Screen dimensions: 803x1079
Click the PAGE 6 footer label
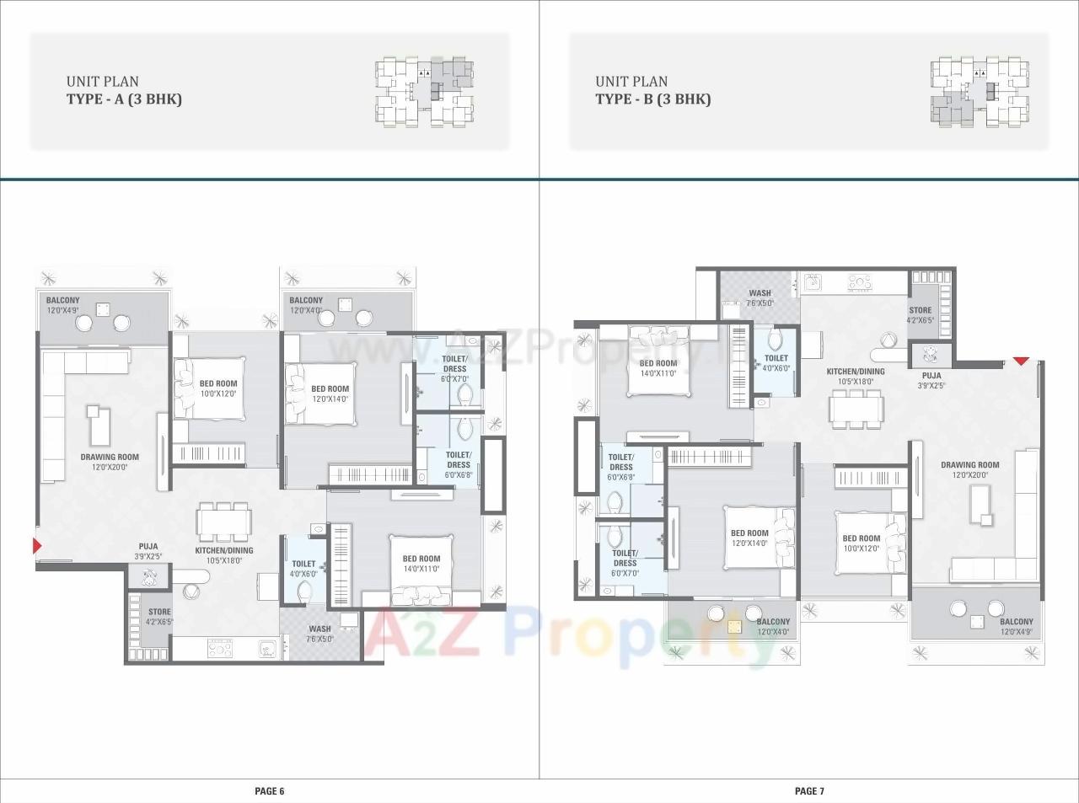click(270, 791)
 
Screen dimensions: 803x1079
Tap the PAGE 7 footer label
click(809, 791)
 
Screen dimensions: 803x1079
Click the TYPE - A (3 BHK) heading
click(124, 99)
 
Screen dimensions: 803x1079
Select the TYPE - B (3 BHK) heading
click(652, 99)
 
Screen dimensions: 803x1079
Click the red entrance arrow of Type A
click(36, 545)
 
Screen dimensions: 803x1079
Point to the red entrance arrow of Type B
click(1021, 361)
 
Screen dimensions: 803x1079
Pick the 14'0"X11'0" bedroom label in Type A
click(421, 563)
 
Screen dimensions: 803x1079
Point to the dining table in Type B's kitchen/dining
click(856, 409)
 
